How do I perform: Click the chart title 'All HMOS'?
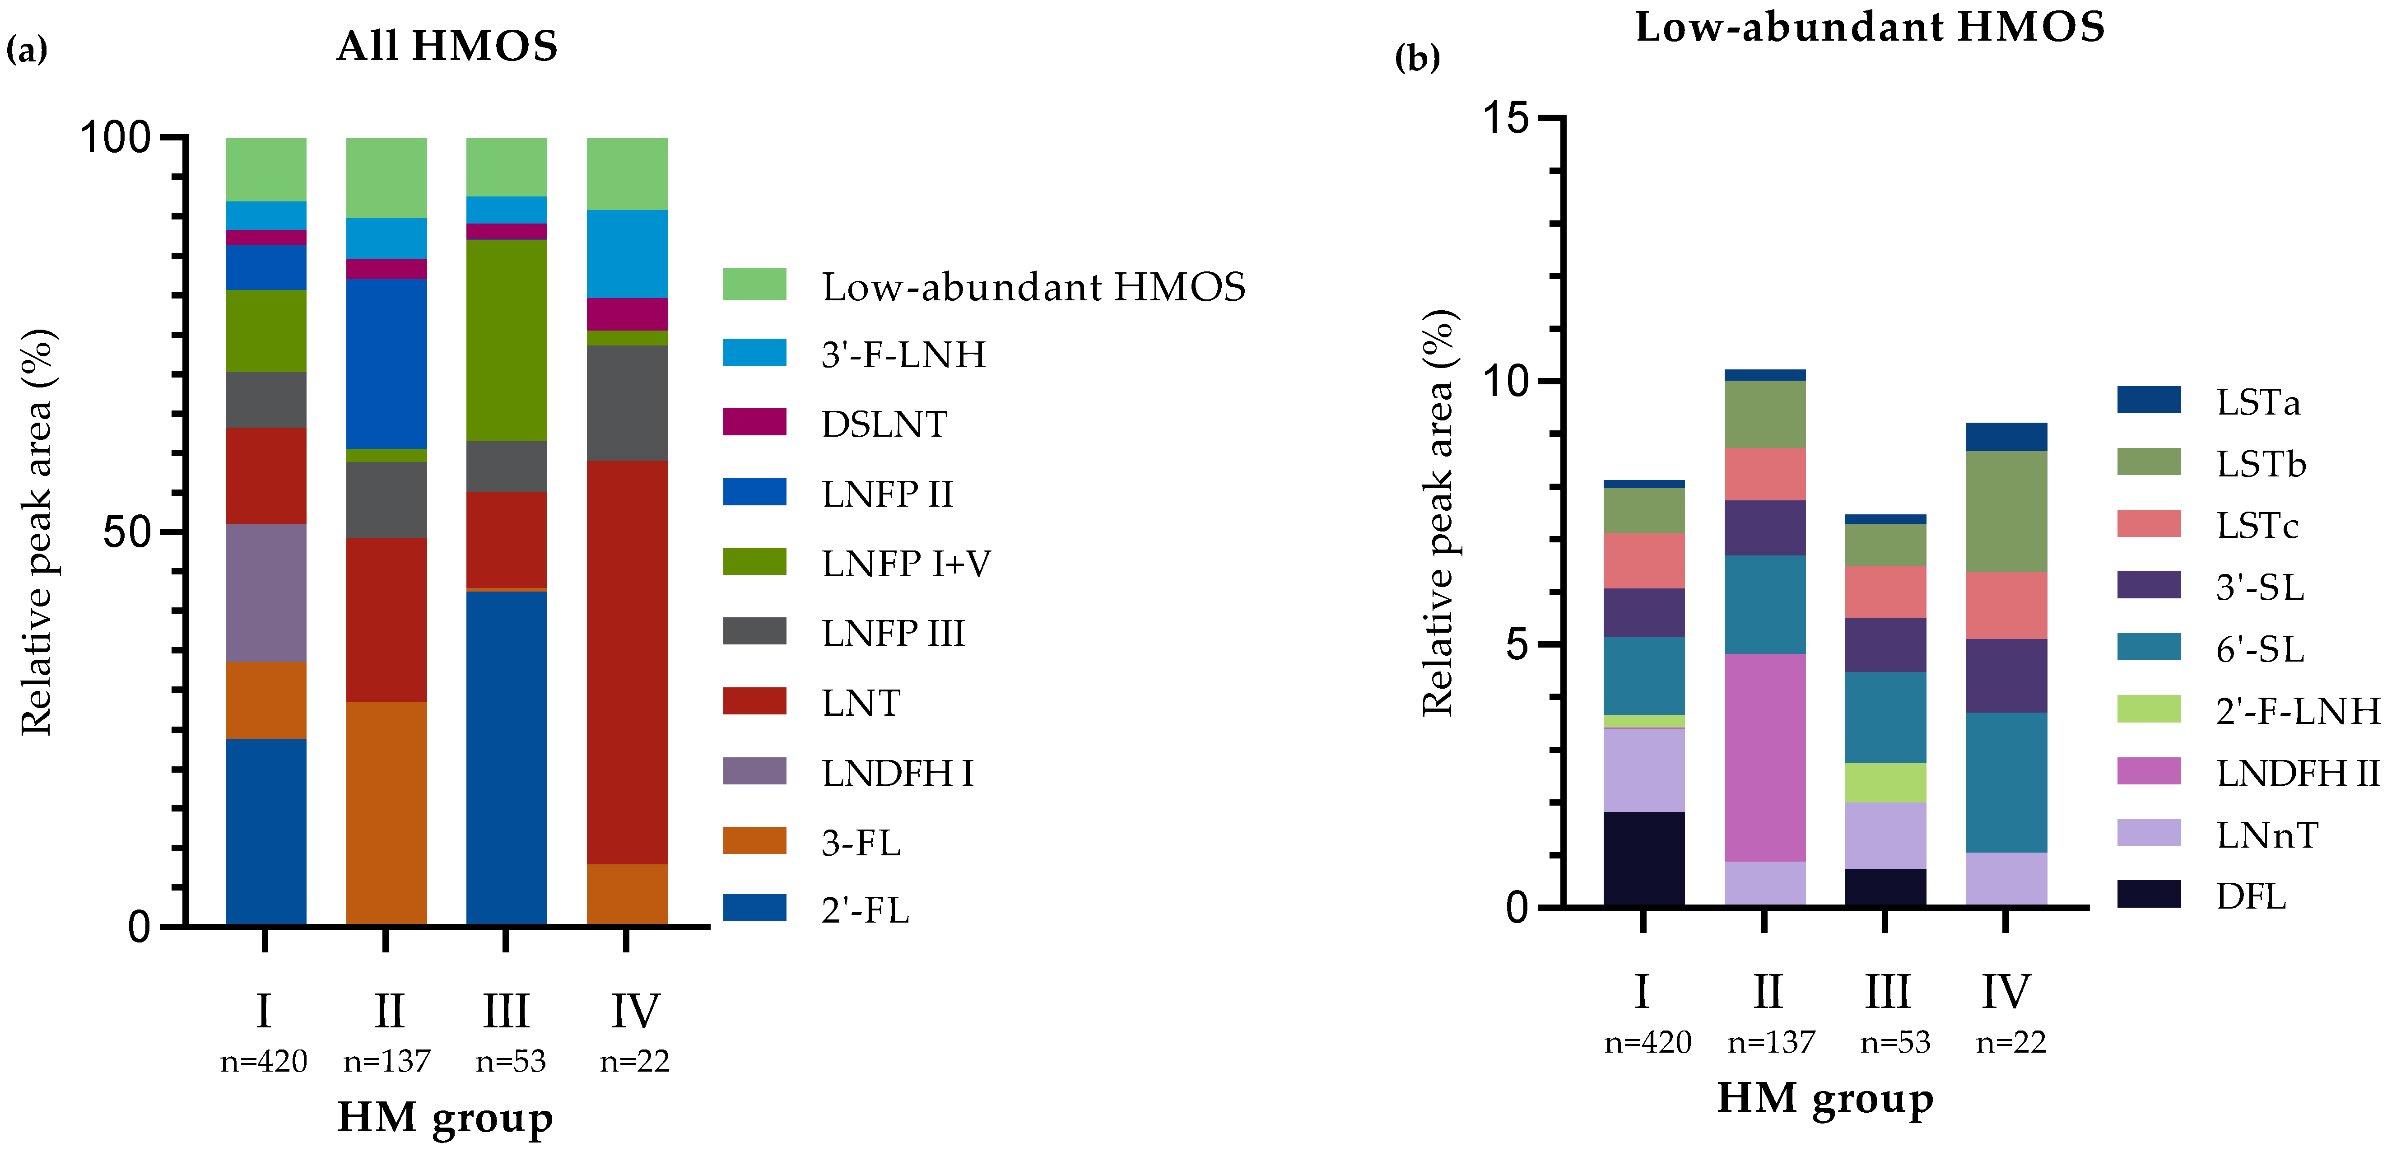[x=447, y=47]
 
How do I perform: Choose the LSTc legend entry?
[x=2257, y=526]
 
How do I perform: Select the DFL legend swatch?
[x=2148, y=895]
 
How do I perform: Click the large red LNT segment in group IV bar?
[x=627, y=662]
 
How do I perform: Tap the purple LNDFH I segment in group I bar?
[x=265, y=593]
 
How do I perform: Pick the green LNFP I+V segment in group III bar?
[x=506, y=340]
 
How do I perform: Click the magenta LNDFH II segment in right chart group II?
[x=1764, y=757]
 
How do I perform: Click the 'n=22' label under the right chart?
[x=2010, y=1042]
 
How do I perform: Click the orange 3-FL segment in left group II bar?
[x=386, y=813]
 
